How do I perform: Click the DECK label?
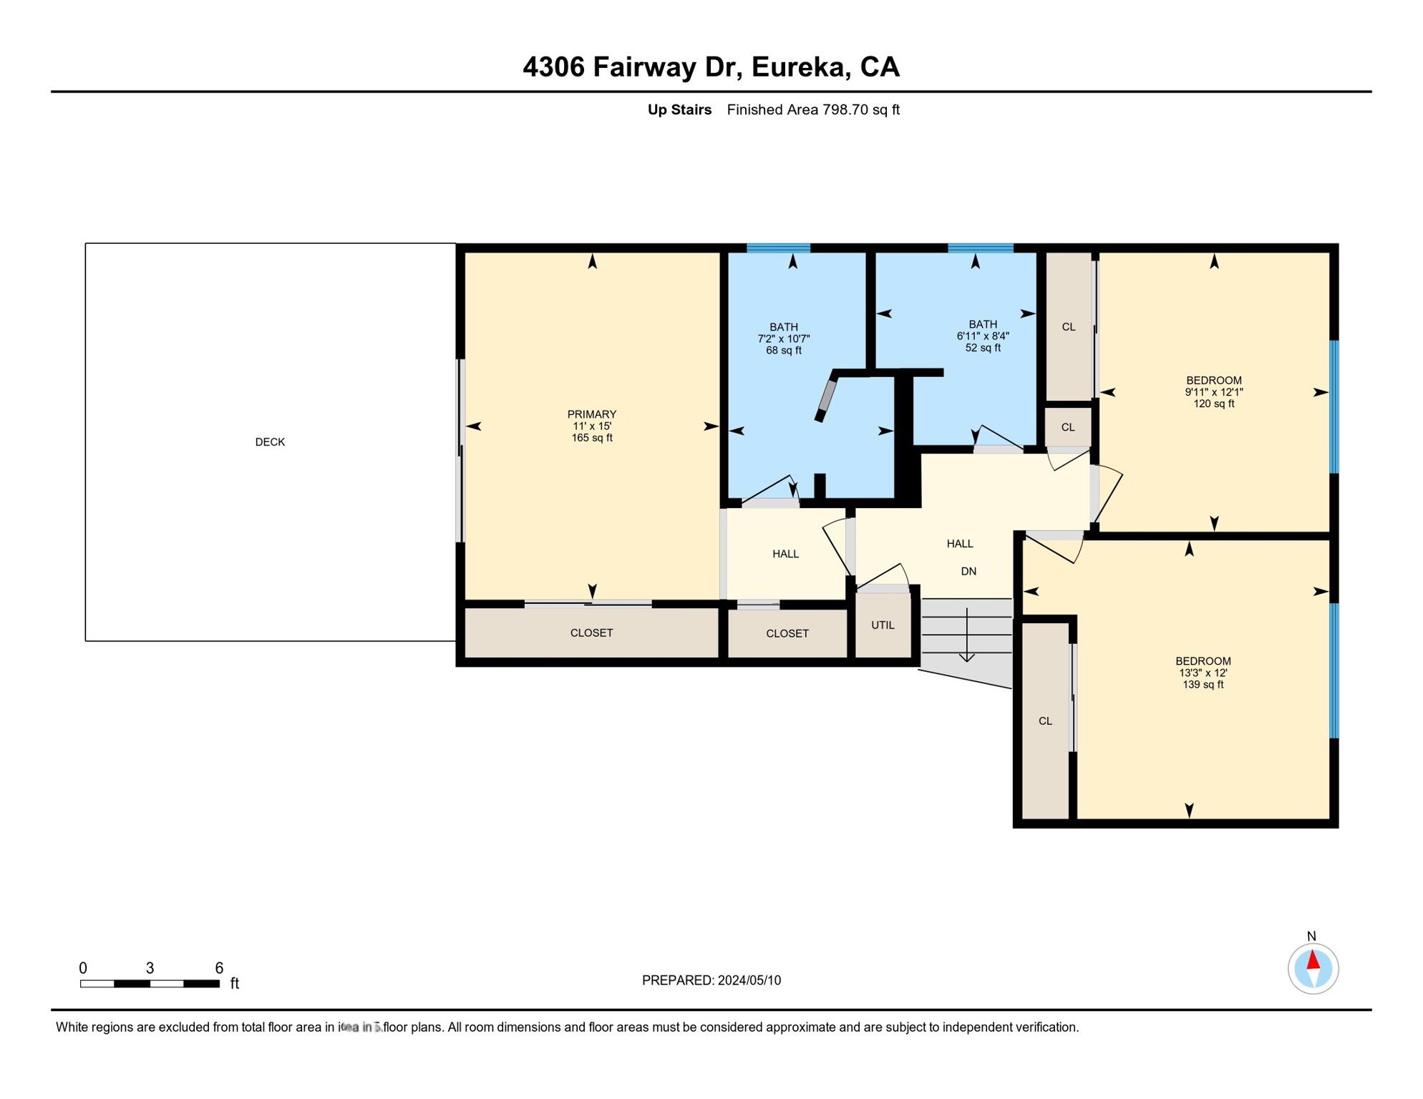tap(270, 442)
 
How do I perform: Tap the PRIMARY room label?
tap(591, 414)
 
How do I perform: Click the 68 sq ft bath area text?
tap(783, 351)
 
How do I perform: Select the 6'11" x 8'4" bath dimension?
tap(982, 336)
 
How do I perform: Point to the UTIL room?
tap(883, 625)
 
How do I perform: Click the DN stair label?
tap(968, 571)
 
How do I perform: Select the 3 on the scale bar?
tap(150, 968)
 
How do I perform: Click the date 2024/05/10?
tap(749, 980)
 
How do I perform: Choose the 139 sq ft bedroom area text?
tap(1203, 685)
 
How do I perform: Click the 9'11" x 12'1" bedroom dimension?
tap(1213, 392)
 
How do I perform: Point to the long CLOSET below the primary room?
tap(591, 632)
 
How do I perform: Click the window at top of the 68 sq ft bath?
tap(778, 248)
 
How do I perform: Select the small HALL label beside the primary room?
tap(785, 554)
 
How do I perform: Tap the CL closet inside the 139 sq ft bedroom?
tap(1045, 721)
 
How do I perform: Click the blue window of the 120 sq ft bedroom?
tap(1334, 406)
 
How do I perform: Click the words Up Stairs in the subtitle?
tap(679, 109)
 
